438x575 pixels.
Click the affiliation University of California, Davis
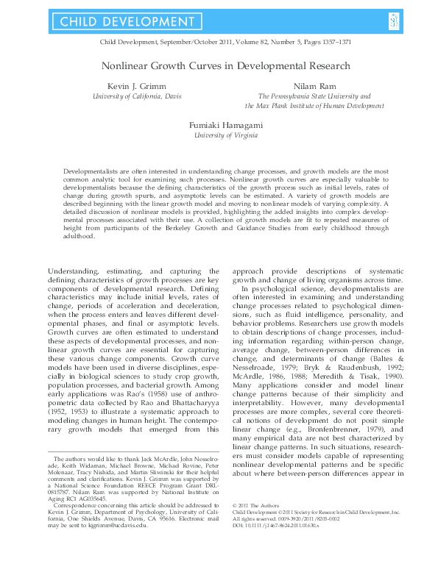click(x=138, y=96)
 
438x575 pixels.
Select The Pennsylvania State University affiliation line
click(x=314, y=96)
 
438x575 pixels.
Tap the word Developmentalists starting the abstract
click(x=91, y=170)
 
